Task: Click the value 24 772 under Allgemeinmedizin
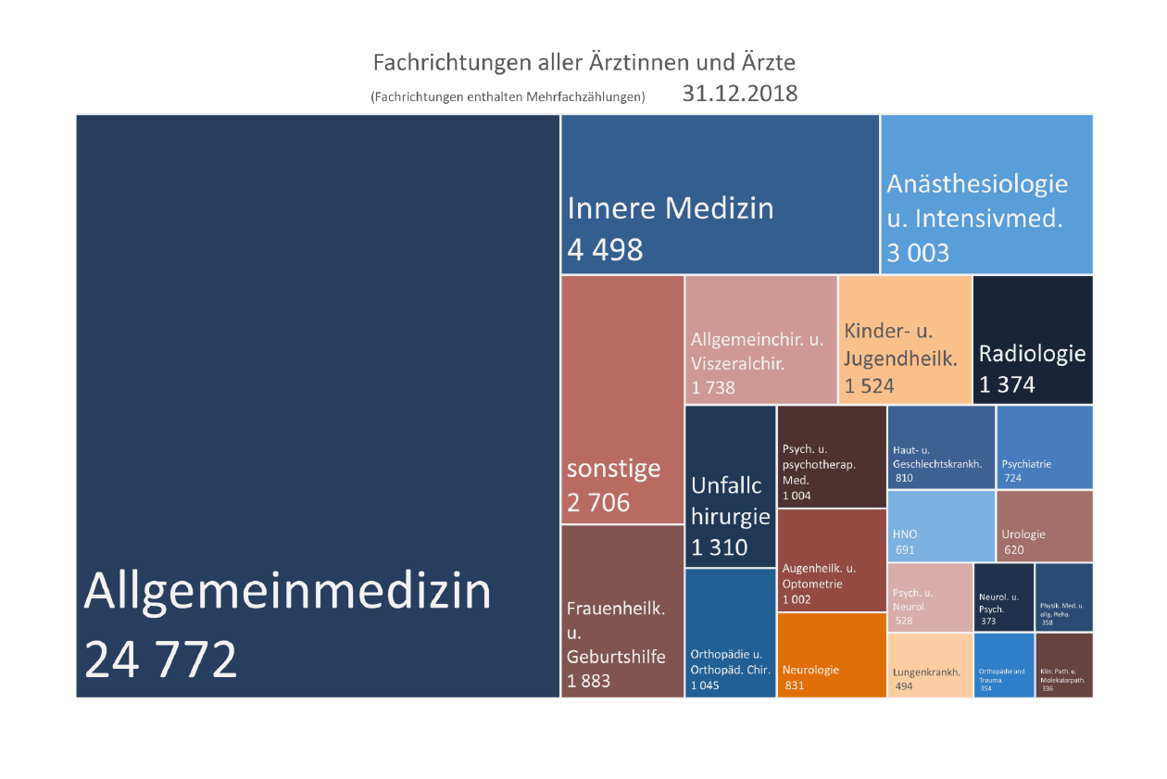point(161,660)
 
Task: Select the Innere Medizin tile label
point(670,208)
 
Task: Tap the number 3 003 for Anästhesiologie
point(918,253)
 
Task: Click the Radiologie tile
point(1032,340)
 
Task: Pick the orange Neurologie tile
point(831,655)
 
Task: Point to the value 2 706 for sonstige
point(598,502)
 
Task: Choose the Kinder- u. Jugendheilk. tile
point(905,340)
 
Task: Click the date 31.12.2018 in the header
point(739,94)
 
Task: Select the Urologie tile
point(1045,526)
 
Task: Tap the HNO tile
point(941,526)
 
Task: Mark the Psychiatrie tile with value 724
point(1045,447)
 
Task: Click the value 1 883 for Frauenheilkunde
point(589,682)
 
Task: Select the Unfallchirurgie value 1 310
point(720,547)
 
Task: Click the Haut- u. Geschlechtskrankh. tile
point(941,447)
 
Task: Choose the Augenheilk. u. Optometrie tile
point(831,559)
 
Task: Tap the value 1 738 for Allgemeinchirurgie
point(713,387)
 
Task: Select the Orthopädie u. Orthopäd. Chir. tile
point(730,634)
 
